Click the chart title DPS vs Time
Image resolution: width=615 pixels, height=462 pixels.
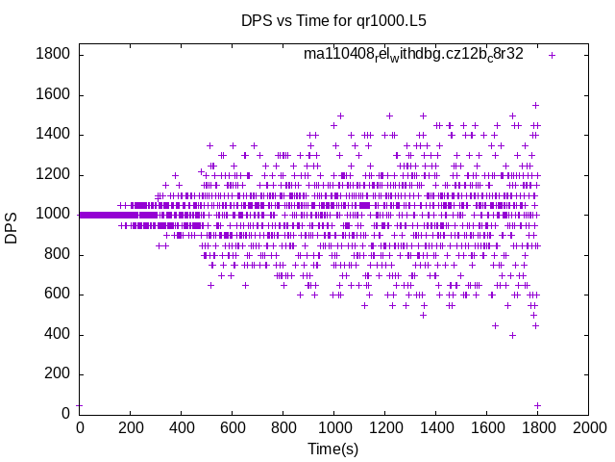coord(333,19)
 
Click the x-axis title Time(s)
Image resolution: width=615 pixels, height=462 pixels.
coord(332,449)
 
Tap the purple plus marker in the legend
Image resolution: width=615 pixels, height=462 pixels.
coord(552,55)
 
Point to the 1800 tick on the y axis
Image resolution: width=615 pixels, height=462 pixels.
coord(53,54)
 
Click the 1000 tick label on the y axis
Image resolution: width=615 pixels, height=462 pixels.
coord(53,215)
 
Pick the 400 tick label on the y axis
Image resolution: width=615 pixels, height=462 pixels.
coord(58,335)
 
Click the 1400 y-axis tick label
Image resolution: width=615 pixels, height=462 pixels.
coord(53,134)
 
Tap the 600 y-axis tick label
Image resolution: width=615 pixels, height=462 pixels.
coord(58,295)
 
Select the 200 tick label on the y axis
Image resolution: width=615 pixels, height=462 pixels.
coord(58,374)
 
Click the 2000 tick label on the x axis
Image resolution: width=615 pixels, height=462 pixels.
coord(587,427)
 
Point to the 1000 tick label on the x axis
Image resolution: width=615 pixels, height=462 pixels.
coord(332,427)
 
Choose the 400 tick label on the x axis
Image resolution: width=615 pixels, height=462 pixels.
coord(181,427)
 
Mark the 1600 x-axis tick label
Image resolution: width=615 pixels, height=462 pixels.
coord(485,427)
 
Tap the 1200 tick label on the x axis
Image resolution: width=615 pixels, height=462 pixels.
coord(383,427)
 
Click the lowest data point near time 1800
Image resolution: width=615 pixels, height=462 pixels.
coord(537,405)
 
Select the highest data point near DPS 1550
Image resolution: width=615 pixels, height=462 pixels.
coord(535,105)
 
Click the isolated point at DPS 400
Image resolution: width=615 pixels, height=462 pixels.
coord(513,335)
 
